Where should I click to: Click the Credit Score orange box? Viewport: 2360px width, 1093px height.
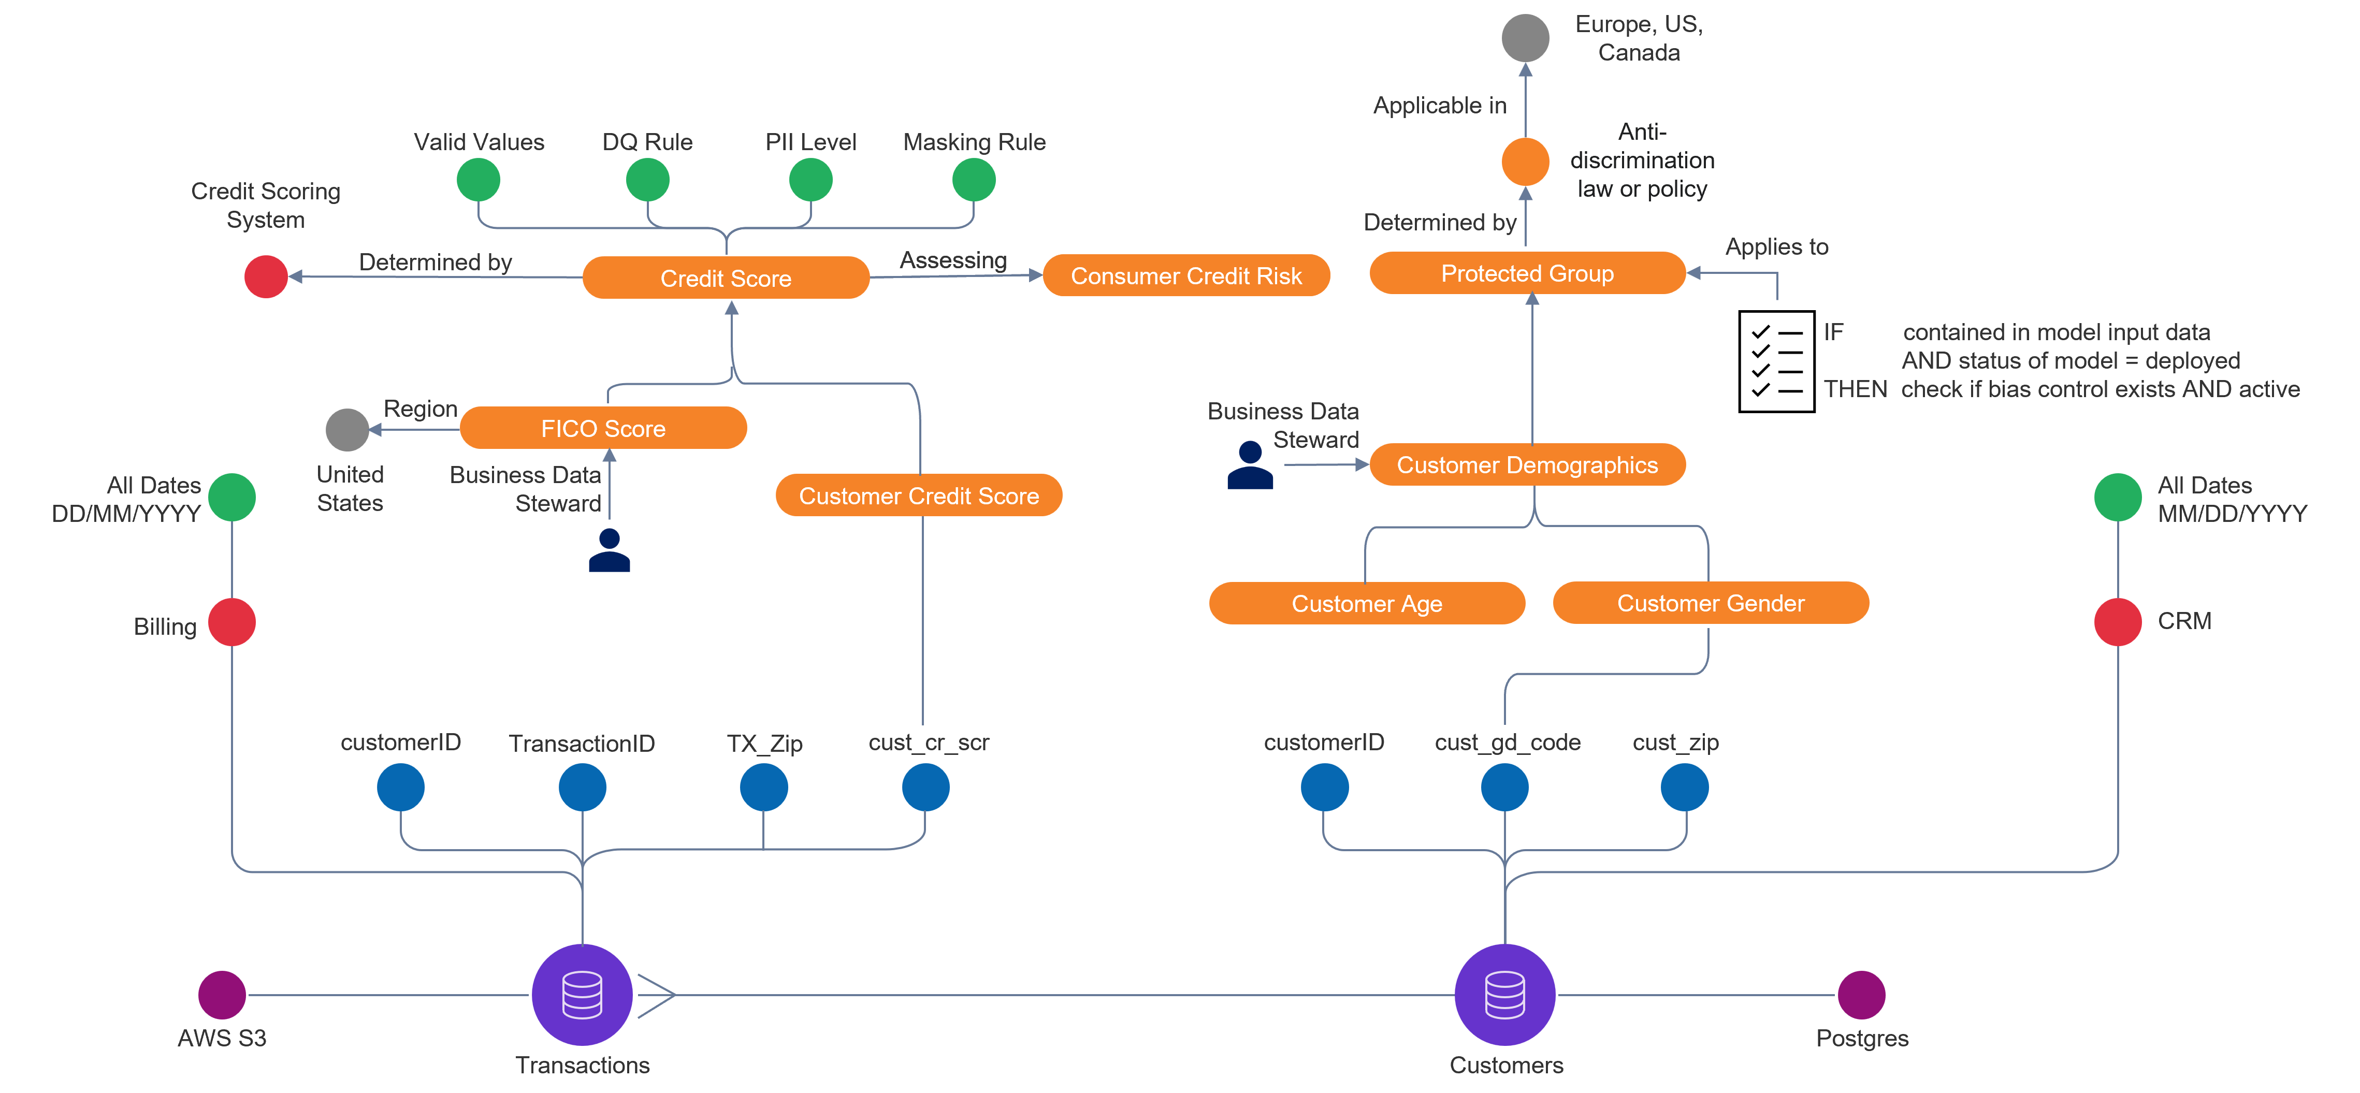click(726, 278)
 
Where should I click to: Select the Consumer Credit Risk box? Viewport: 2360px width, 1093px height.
click(1186, 276)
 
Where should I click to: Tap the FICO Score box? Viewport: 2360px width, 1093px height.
click(603, 428)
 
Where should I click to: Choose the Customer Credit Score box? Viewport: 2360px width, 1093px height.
click(919, 496)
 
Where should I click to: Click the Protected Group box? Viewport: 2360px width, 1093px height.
click(1527, 273)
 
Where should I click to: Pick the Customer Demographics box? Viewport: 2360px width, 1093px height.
click(1527, 464)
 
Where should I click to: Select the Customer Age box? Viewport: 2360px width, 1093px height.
click(1367, 603)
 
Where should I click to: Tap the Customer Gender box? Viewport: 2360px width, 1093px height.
click(1711, 603)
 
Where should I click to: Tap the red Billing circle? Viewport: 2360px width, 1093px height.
click(232, 622)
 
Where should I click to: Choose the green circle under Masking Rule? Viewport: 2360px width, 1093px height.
click(974, 180)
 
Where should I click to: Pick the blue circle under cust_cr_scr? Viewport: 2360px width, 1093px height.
click(925, 787)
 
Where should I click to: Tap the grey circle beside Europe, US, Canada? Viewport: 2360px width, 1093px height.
click(1525, 38)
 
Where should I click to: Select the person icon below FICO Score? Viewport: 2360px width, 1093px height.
click(609, 550)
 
